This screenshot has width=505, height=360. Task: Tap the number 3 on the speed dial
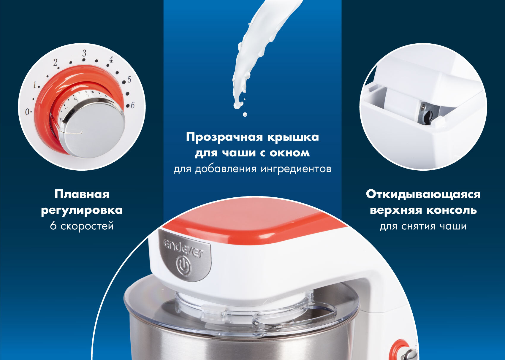(x=84, y=53)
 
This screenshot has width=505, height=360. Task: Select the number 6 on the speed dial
(x=133, y=105)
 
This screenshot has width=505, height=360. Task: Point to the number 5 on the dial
(x=129, y=79)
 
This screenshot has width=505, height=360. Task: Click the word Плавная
(x=82, y=194)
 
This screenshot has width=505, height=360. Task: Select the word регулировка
(x=82, y=210)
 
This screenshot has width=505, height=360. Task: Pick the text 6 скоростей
(x=82, y=226)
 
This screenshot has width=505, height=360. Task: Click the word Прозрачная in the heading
(x=224, y=137)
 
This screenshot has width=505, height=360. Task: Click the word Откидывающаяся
(x=423, y=194)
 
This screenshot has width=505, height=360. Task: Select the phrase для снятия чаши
(x=423, y=226)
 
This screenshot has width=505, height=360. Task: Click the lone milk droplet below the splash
(x=245, y=115)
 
